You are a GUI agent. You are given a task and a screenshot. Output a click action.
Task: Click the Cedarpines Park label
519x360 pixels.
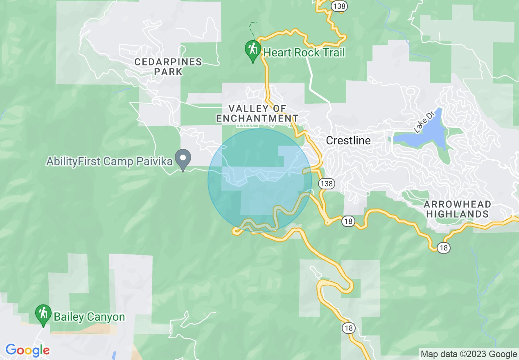[168, 67]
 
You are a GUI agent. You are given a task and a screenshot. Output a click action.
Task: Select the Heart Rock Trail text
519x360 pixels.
[304, 52]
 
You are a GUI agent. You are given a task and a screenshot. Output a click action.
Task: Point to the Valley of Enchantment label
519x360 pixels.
[257, 113]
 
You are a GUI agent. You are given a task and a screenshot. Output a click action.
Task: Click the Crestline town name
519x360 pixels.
[348, 141]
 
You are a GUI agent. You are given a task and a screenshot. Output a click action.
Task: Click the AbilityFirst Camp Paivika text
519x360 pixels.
[109, 161]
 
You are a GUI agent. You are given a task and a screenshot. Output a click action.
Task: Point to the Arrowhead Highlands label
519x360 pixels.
[457, 209]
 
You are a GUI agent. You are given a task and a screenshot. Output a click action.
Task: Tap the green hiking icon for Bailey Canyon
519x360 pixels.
[43, 314]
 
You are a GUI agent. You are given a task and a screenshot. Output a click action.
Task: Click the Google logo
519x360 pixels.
[27, 350]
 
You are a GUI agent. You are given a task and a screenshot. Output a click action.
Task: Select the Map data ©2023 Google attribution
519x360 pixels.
[469, 354]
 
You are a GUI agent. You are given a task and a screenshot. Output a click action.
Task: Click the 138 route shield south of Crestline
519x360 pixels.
[327, 184]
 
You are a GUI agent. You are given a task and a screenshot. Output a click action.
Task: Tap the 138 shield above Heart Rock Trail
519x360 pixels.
[339, 6]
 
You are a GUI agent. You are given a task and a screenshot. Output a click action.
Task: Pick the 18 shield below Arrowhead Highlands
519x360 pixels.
[444, 248]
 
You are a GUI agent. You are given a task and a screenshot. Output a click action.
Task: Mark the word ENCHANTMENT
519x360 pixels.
[257, 118]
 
